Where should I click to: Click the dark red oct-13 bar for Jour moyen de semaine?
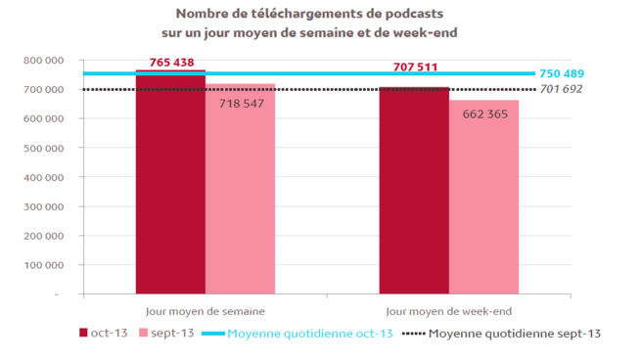point(170,186)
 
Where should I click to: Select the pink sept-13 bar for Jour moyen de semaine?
point(240,196)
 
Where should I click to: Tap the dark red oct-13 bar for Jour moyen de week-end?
point(414,191)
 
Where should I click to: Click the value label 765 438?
point(172,63)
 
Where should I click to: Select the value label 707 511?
point(415,67)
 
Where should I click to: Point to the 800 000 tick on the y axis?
point(43,61)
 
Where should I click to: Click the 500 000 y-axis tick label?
point(43,149)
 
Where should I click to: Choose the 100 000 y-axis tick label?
point(43,265)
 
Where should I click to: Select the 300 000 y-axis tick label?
point(43,206)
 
